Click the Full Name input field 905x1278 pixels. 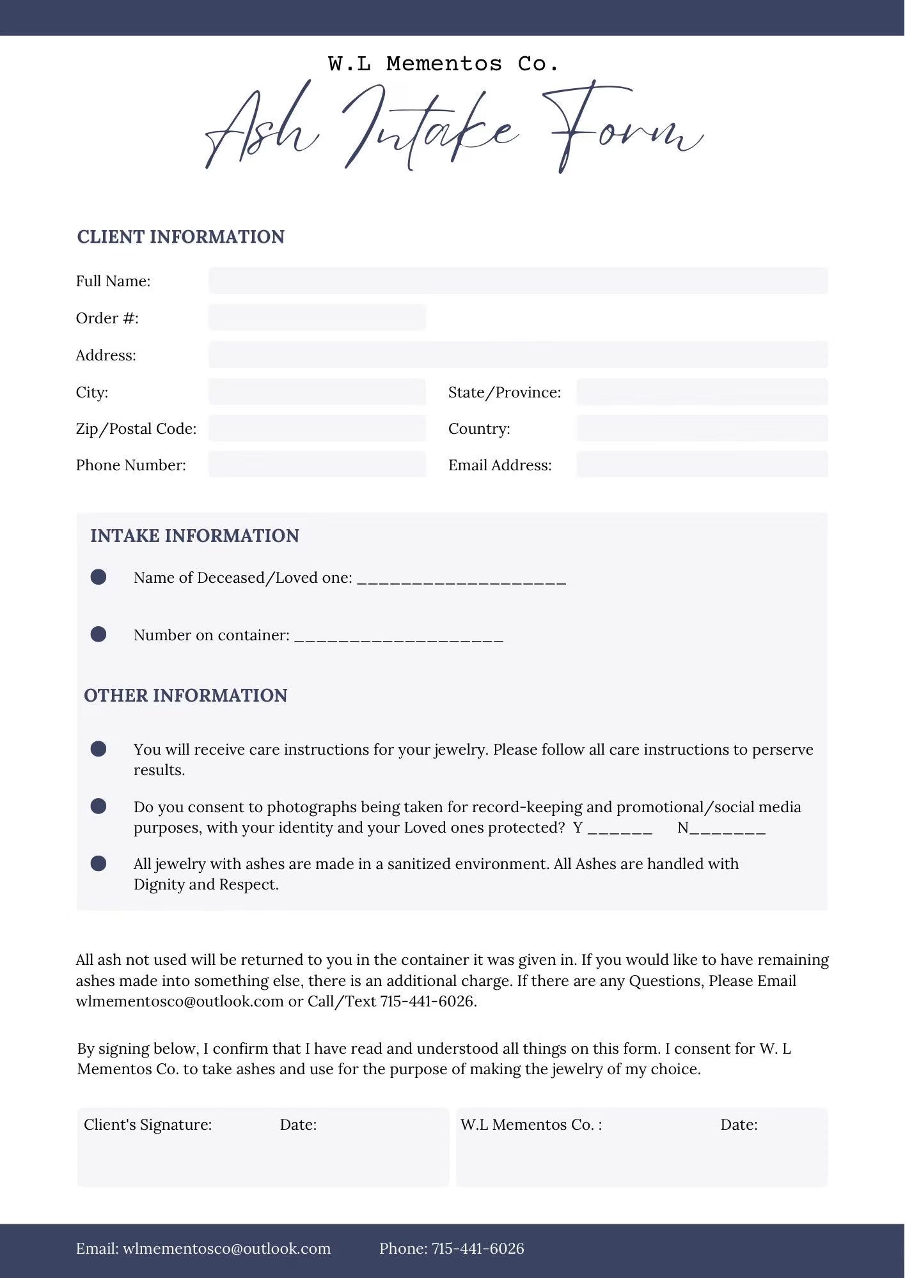[x=518, y=281]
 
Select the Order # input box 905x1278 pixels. [x=317, y=318]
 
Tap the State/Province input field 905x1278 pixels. [x=702, y=392]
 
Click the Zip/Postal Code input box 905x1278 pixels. [x=317, y=428]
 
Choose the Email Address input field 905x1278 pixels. [x=702, y=465]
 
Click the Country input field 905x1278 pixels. [x=702, y=428]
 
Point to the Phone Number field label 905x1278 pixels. [x=131, y=465]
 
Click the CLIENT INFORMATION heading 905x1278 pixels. [x=181, y=237]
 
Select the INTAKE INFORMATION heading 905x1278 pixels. [x=194, y=535]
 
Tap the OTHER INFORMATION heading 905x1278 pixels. [x=185, y=695]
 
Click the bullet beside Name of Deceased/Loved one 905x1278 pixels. [x=98, y=577]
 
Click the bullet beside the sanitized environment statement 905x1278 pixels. [x=98, y=864]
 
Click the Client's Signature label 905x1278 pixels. [x=148, y=1125]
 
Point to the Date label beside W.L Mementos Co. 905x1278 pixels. [x=739, y=1125]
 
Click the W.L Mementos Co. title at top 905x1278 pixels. [x=443, y=64]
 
